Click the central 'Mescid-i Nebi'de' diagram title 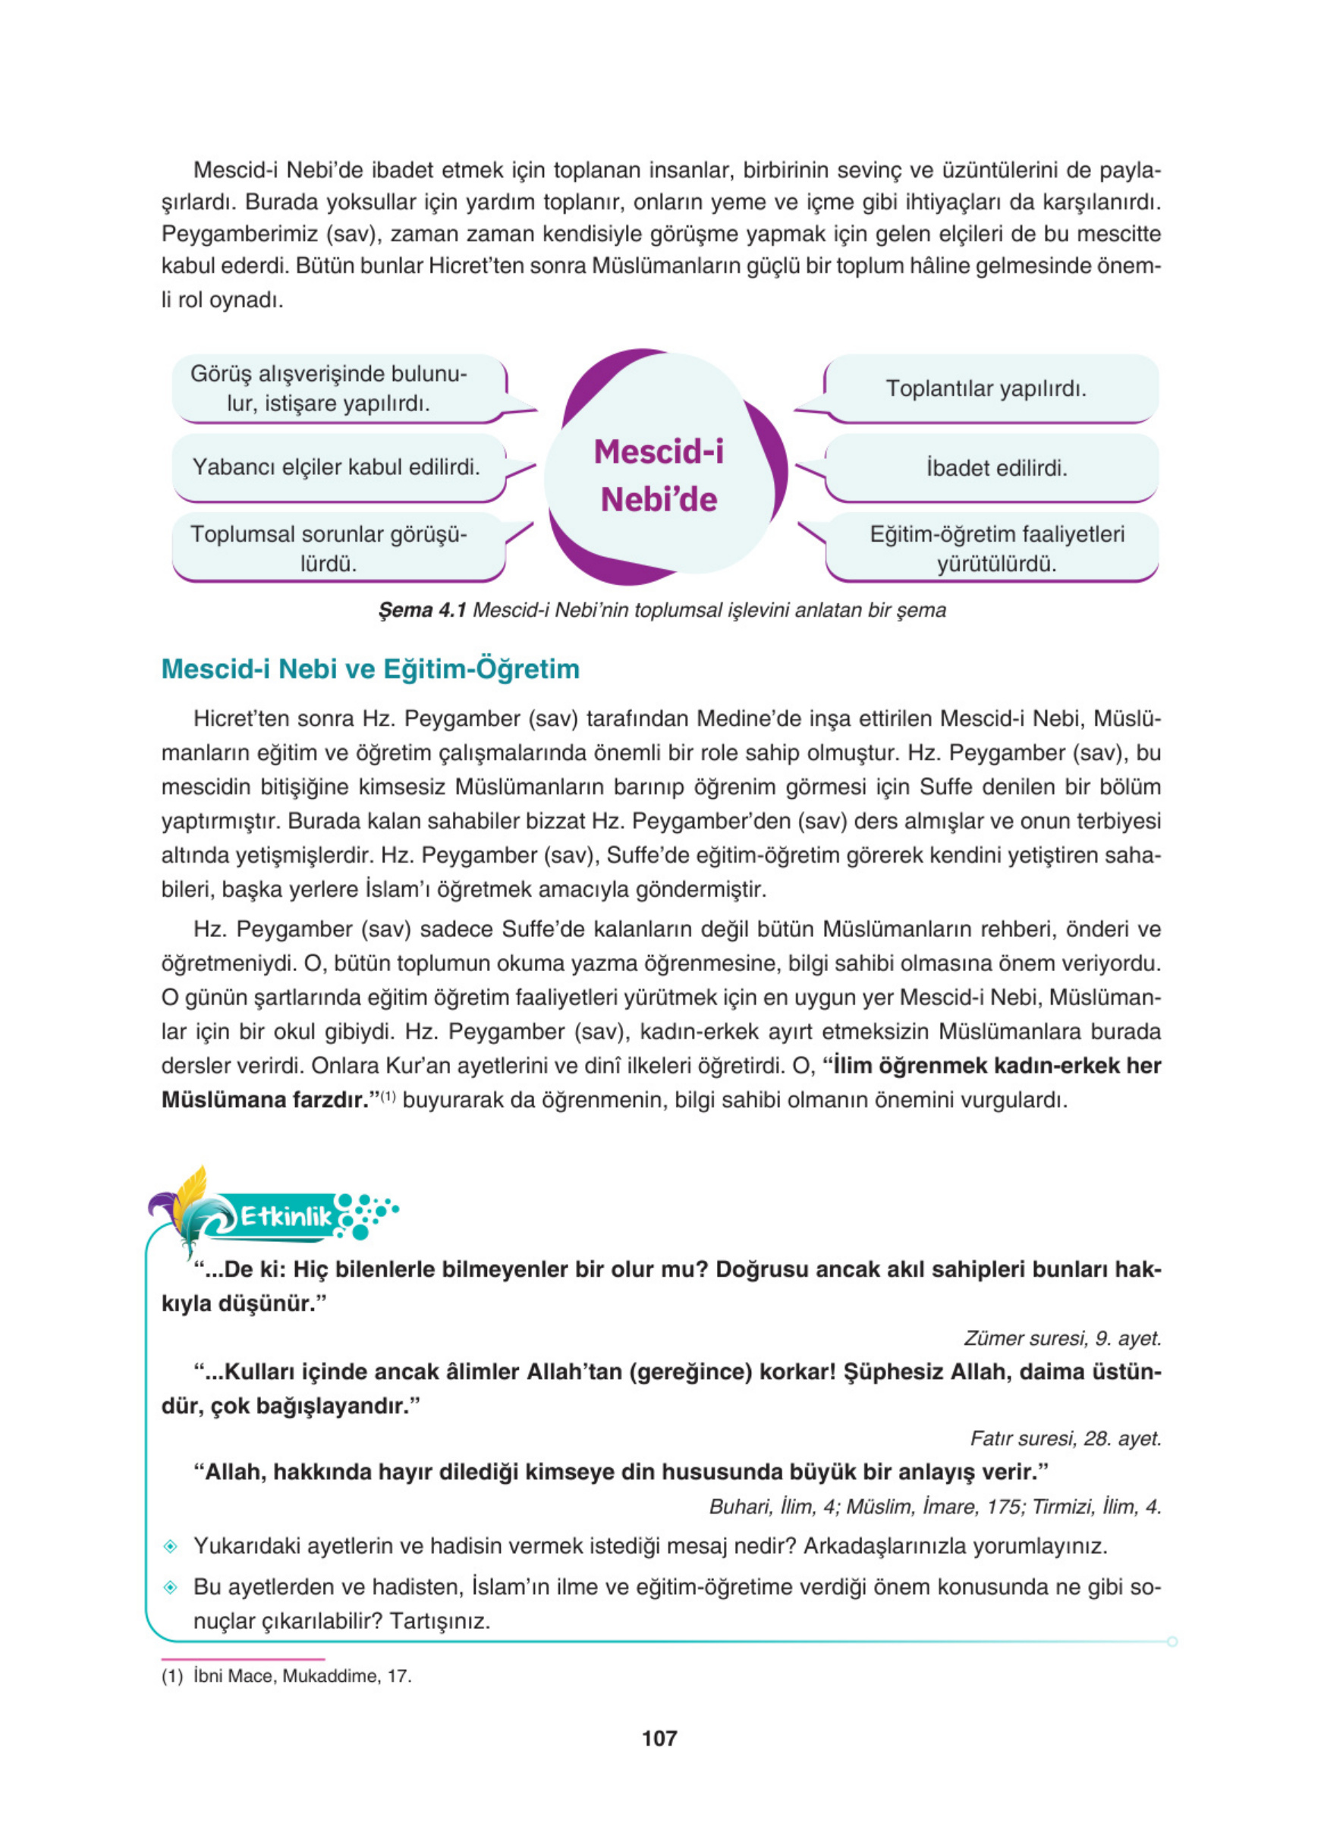coord(659,475)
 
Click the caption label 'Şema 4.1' coord(422,610)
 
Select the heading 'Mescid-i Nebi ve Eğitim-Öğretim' coord(370,669)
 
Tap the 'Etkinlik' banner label coord(286,1216)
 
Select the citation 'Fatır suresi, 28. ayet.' coord(1065,1439)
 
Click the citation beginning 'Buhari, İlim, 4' coord(934,1507)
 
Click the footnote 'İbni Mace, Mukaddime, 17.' coord(302,1676)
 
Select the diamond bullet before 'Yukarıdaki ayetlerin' coord(170,1547)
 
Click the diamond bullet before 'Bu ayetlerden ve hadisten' coord(170,1588)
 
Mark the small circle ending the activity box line coord(1172,1641)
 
